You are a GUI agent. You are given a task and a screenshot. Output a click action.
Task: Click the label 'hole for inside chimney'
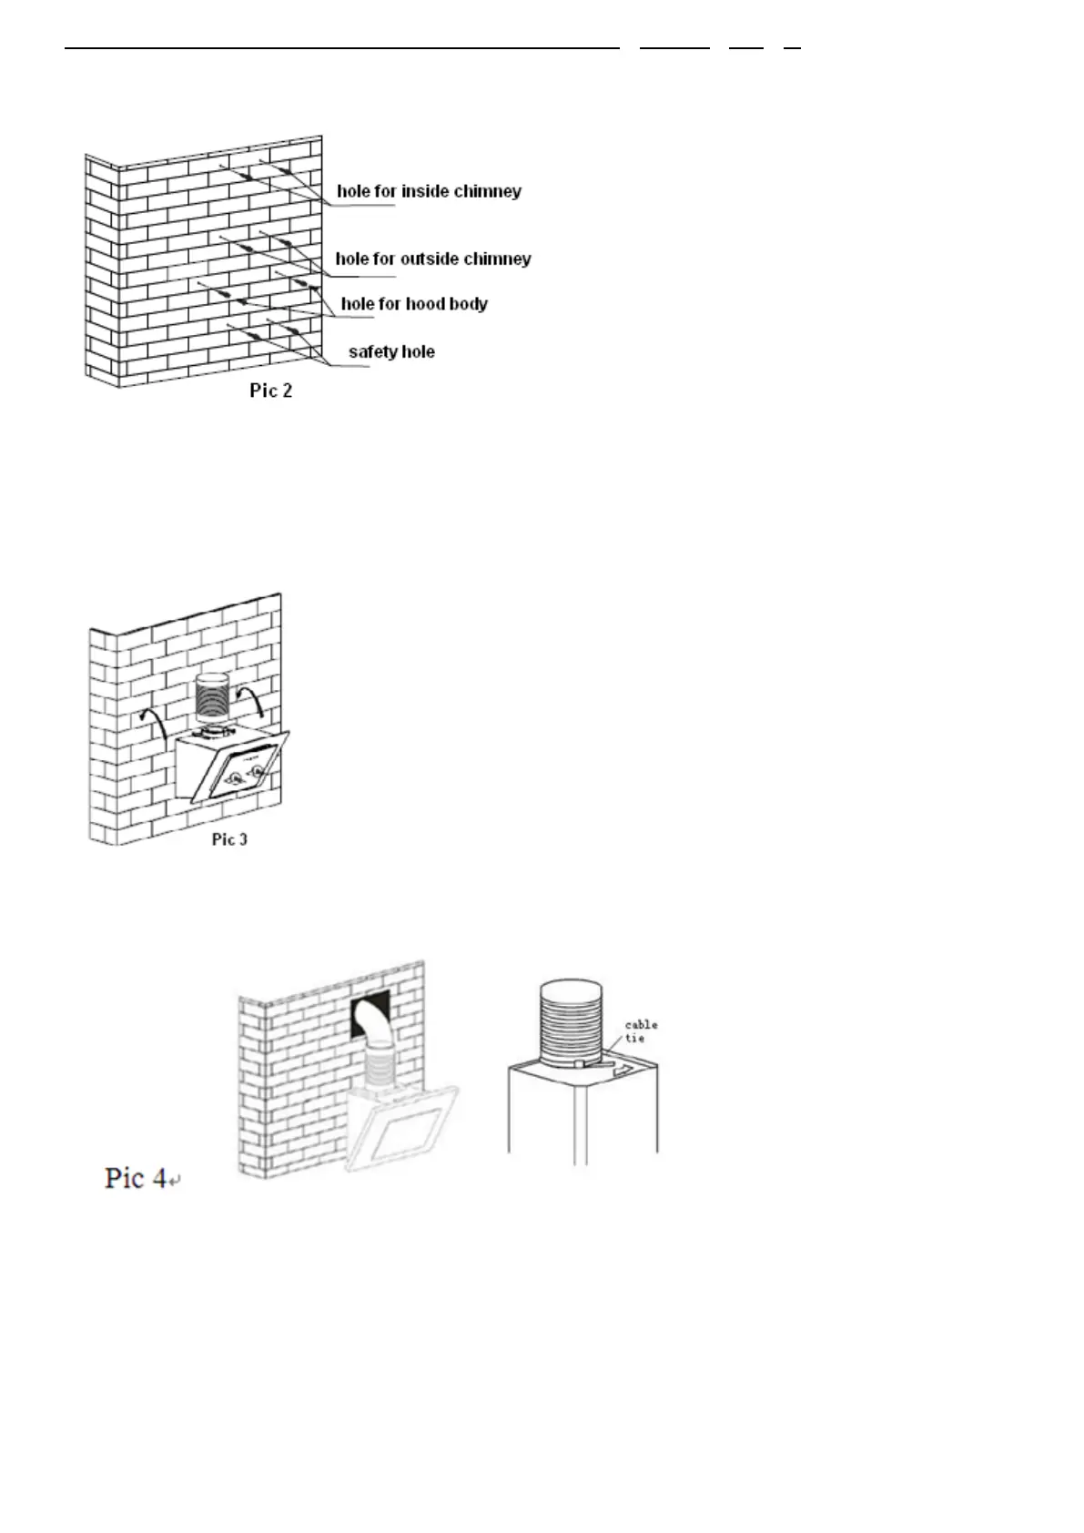[x=429, y=191]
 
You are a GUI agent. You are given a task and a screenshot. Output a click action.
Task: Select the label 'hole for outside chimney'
[x=433, y=259]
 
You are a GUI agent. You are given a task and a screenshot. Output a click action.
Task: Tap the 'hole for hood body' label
[x=414, y=304]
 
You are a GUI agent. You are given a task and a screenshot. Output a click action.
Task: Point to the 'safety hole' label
[x=391, y=351]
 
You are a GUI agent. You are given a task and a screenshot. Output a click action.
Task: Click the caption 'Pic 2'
[x=271, y=391]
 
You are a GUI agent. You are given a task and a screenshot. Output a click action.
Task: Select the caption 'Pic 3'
[x=229, y=839]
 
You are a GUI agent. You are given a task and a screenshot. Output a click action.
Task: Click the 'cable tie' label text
[x=641, y=1031]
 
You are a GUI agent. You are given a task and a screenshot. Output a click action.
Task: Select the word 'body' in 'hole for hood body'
[x=469, y=304]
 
